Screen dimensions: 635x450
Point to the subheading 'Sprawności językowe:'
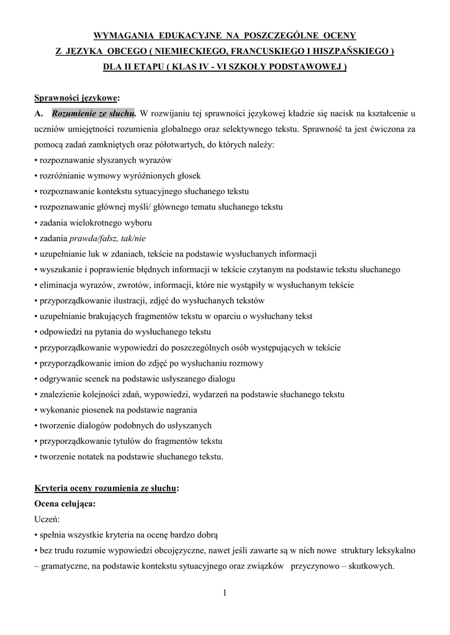point(77,98)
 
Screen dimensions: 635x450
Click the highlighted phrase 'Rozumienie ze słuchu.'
point(94,113)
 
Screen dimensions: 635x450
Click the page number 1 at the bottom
point(225,593)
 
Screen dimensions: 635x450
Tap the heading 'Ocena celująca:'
point(65,504)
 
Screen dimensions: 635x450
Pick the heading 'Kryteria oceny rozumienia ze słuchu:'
point(107,489)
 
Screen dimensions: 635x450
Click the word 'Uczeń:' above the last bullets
point(48,520)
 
